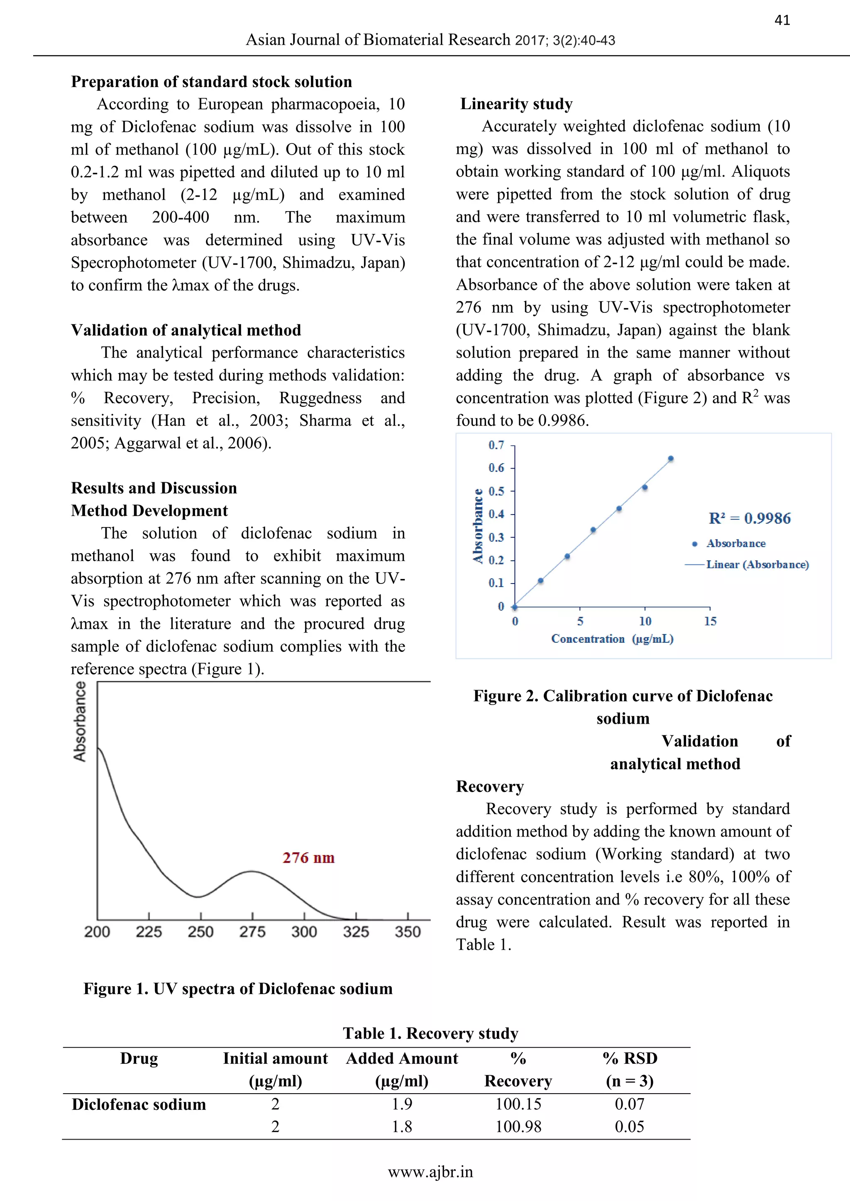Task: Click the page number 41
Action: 782,20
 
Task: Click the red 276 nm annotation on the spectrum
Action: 308,858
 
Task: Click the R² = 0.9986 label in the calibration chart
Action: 750,518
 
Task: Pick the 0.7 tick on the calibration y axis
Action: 496,445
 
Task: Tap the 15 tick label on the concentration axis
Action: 710,621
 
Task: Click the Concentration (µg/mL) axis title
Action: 612,639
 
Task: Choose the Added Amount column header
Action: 402,1058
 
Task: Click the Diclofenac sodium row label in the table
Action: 139,1104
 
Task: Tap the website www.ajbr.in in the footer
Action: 430,1172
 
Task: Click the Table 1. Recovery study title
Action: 430,1033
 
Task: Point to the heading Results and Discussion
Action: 154,488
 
